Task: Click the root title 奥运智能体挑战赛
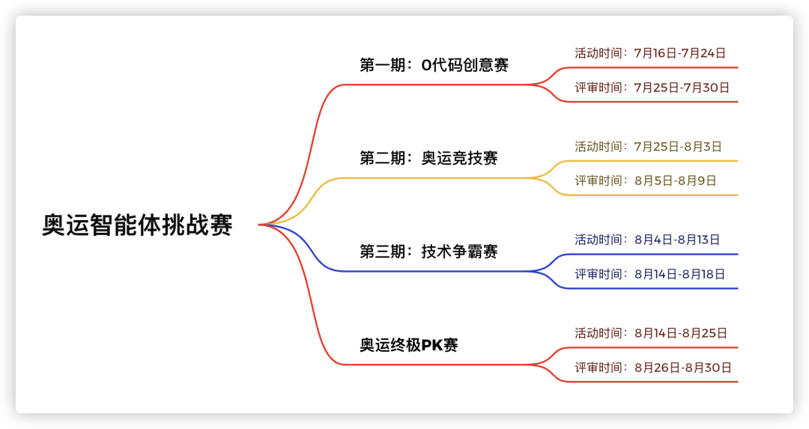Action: (137, 225)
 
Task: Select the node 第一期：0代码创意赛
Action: (434, 65)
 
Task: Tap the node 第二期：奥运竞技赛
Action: (428, 158)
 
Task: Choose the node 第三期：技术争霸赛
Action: (428, 252)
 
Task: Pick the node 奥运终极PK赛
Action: (409, 345)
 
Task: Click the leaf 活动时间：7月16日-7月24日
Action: (651, 53)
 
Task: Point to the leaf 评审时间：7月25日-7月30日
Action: (652, 88)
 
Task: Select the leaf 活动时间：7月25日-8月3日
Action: (649, 147)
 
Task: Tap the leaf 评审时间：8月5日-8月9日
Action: (646, 180)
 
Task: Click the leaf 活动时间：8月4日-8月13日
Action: (647, 240)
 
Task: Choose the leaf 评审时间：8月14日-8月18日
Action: (650, 274)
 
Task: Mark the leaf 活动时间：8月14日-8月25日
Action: (651, 333)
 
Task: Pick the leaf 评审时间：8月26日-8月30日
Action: (653, 368)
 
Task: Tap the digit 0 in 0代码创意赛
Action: (426, 65)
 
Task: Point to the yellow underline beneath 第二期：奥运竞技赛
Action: (437, 178)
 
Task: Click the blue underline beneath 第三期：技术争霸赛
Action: (437, 271)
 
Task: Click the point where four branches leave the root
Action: (259, 225)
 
